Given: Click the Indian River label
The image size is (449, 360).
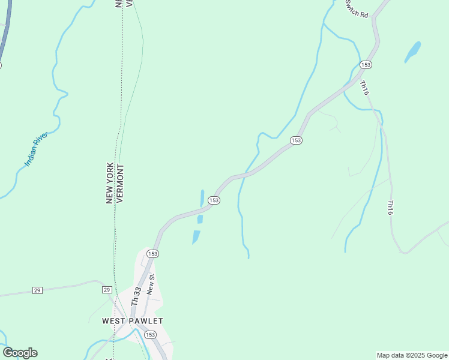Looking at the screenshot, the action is click(35, 149).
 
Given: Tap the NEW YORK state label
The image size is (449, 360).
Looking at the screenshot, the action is click(110, 183).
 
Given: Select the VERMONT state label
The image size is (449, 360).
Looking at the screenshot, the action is click(119, 183).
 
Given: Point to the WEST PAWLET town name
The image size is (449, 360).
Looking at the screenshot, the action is click(133, 321).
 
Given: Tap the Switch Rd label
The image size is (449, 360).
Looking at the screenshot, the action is click(357, 9).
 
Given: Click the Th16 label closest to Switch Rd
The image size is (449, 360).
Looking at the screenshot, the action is click(364, 88).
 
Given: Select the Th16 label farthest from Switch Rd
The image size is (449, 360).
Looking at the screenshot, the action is click(390, 208).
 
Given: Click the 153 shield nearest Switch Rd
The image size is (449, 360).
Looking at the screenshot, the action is click(366, 64).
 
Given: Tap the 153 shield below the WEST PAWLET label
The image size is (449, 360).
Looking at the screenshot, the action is click(150, 335).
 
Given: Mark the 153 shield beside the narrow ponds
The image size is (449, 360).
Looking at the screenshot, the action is click(214, 200).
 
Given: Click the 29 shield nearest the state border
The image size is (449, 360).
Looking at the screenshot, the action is click(106, 290).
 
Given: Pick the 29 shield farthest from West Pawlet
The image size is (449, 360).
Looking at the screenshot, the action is click(37, 290).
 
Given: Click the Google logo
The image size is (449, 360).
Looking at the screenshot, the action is click(20, 353).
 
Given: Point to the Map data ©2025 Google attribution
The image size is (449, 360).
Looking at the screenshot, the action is click(412, 355).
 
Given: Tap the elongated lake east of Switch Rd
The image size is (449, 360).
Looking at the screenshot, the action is click(412, 52).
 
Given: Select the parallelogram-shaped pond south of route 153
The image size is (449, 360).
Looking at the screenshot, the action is click(196, 237).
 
